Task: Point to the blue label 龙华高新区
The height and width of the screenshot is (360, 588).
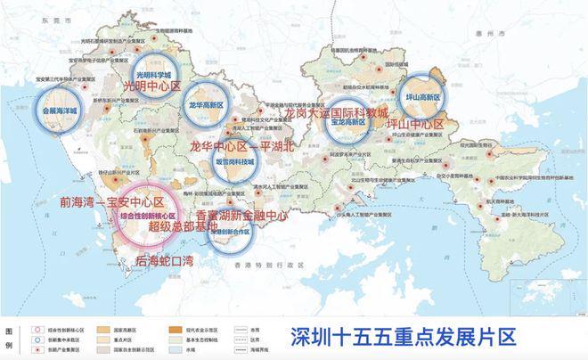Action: (x=206, y=104)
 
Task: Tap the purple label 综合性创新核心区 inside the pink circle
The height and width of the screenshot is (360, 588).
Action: (x=147, y=216)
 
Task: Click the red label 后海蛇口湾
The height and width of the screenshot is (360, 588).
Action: (x=168, y=261)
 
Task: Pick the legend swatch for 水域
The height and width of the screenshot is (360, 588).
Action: (x=172, y=349)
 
